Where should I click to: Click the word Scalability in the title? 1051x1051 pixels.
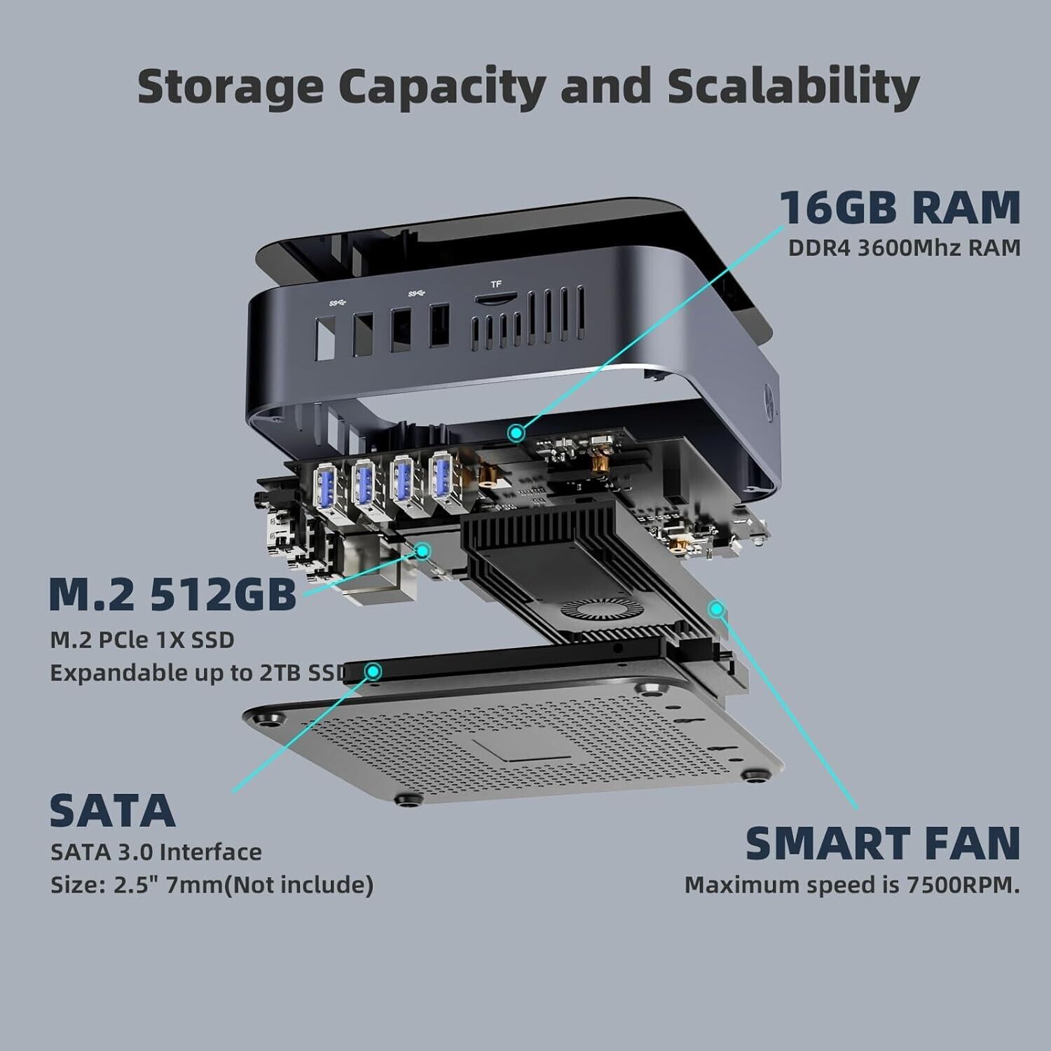(x=792, y=86)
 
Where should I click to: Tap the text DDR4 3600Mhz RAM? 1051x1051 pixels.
(x=905, y=248)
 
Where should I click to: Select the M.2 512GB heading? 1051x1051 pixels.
(x=173, y=593)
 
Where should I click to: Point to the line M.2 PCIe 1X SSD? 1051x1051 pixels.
(x=142, y=640)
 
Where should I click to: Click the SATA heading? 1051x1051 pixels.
(x=112, y=810)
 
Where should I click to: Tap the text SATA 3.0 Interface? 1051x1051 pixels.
(x=156, y=852)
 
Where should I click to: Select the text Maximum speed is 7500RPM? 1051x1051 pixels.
(x=852, y=885)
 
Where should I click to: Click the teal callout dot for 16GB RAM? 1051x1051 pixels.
(x=517, y=433)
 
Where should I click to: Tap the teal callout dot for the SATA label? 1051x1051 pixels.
(x=374, y=672)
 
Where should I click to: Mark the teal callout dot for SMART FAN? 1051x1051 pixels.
(x=715, y=610)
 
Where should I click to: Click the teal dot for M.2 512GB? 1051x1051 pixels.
(x=423, y=551)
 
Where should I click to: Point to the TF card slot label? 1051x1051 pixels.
(x=496, y=284)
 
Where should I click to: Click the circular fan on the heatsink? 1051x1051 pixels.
(x=593, y=612)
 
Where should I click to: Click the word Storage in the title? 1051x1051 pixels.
(x=231, y=88)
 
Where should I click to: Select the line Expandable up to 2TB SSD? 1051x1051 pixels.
(x=199, y=673)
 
